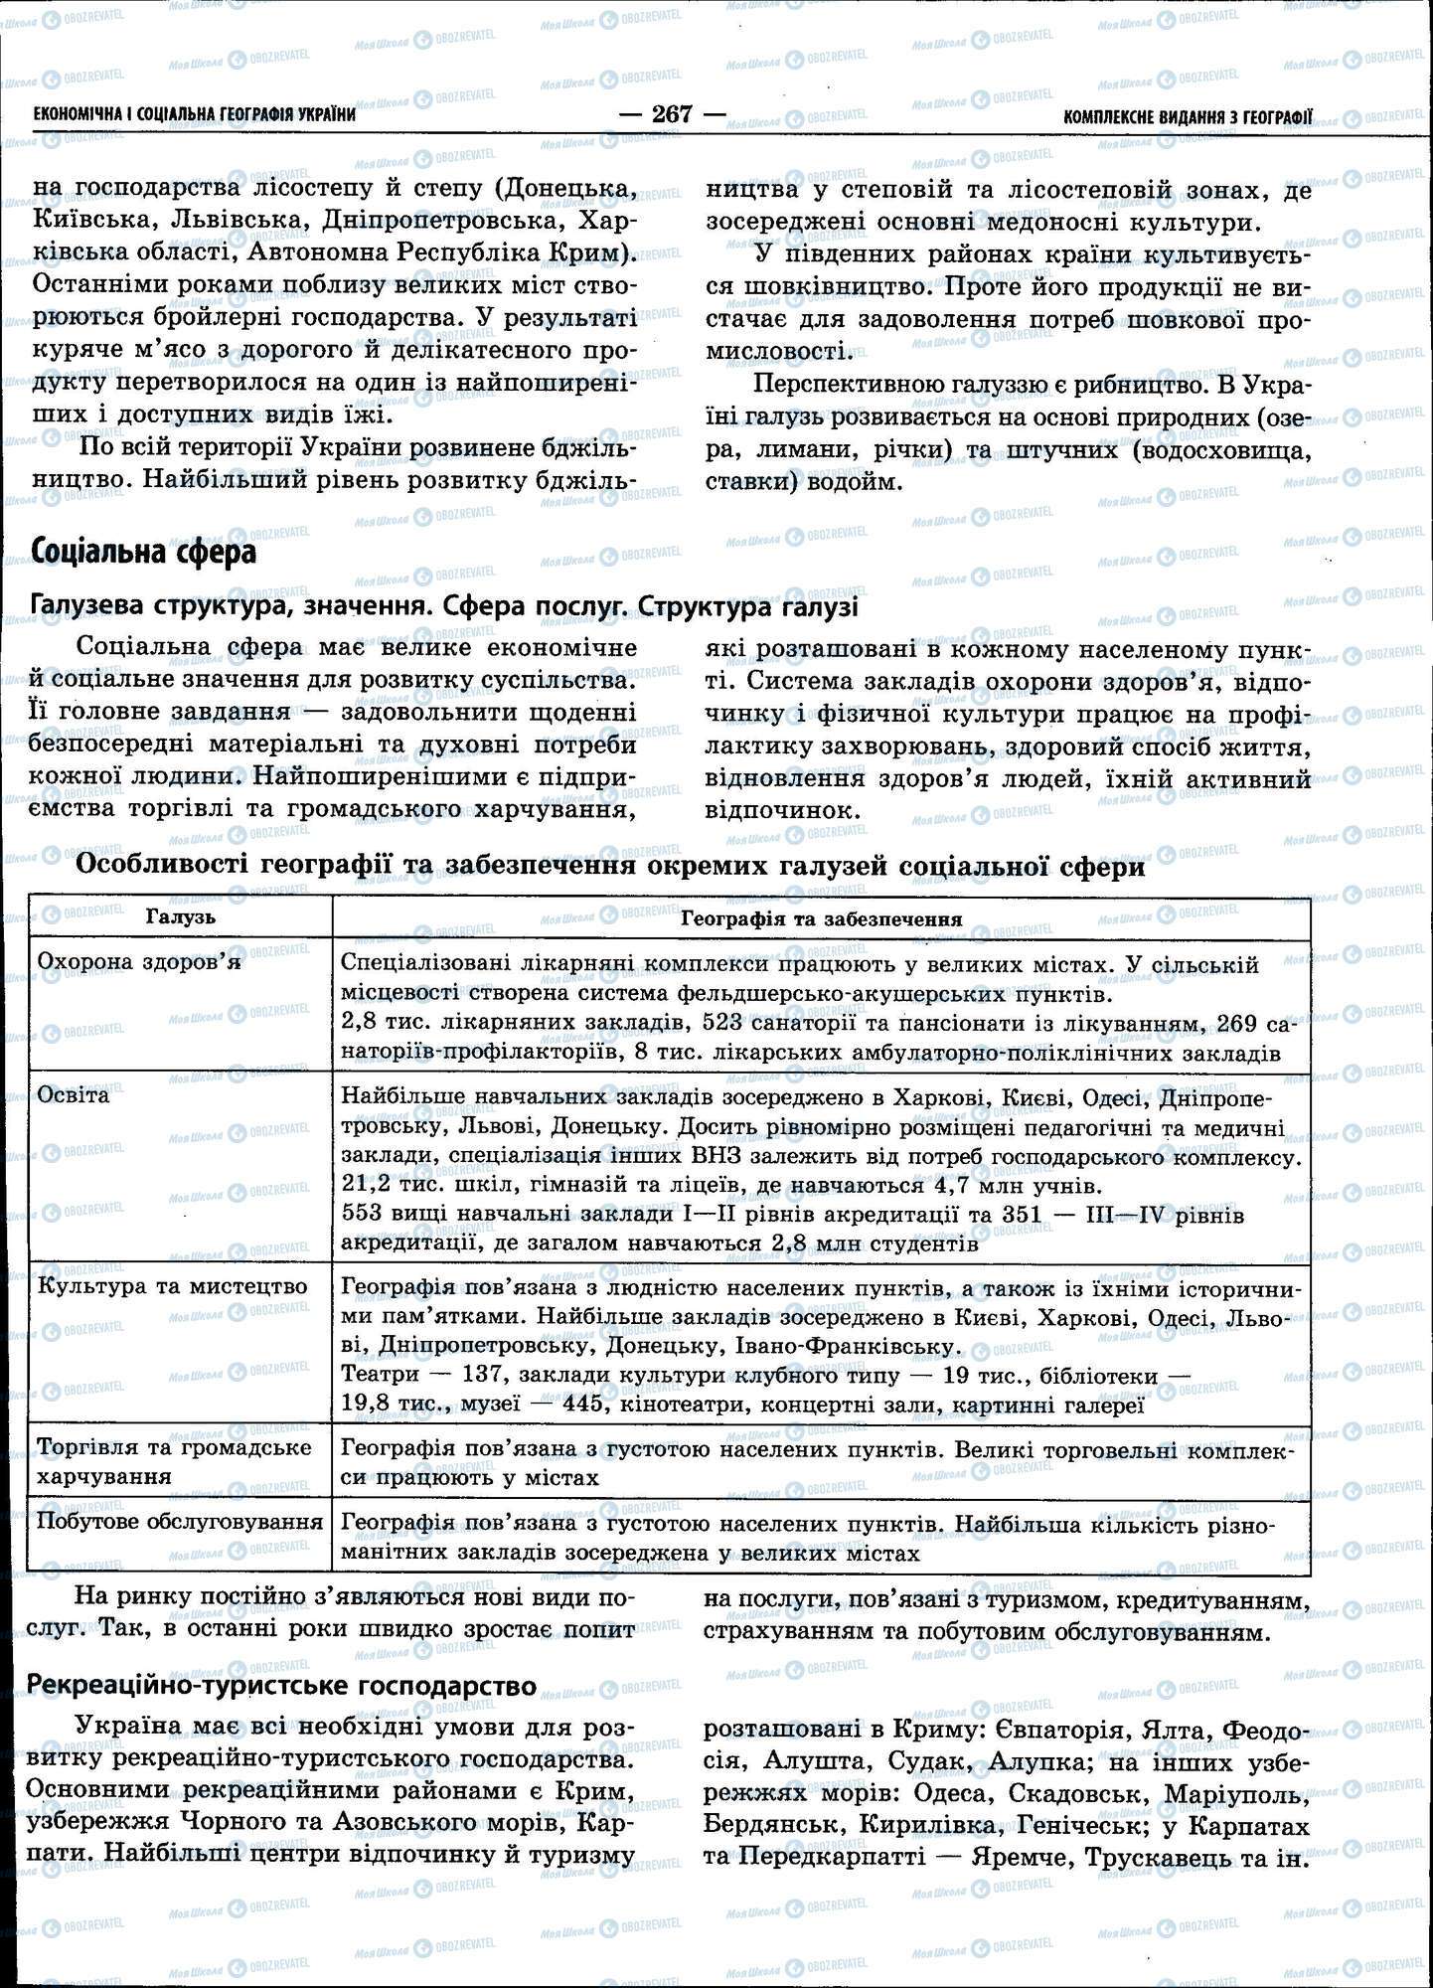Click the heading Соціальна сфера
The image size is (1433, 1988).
144,552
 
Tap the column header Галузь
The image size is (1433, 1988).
181,917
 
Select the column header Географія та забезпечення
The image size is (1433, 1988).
821,919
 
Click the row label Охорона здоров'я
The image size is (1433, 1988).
138,962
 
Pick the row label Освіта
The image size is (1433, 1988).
74,1095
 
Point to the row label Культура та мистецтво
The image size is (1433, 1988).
172,1286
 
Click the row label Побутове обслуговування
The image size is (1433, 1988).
180,1522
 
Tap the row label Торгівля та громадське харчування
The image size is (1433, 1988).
174,1461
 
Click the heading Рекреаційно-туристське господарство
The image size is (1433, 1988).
283,1685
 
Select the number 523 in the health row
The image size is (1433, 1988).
729,1023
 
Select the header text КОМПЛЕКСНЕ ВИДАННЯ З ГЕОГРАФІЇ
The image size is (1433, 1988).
1187,117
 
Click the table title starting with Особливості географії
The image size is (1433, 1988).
610,867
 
